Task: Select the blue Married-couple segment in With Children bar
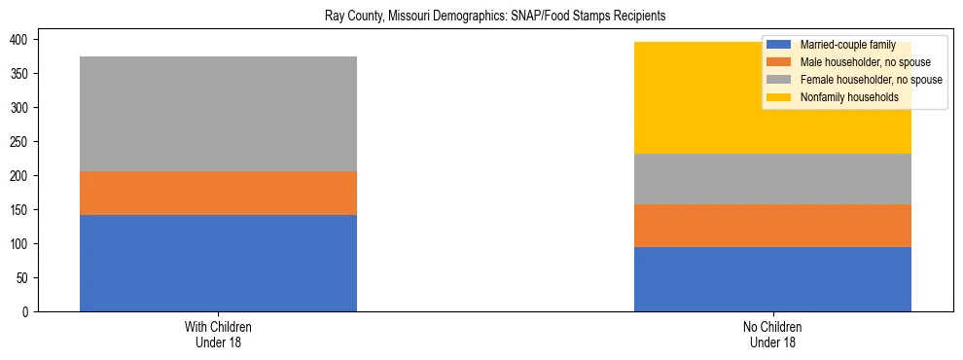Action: (x=218, y=263)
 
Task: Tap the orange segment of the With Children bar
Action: (x=218, y=193)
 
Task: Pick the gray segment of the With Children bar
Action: (x=218, y=114)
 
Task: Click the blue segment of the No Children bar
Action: (x=772, y=279)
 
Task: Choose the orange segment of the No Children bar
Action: (x=772, y=226)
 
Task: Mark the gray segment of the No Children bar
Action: (x=772, y=179)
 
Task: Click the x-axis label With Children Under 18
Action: (x=218, y=334)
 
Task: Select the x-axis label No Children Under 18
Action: (x=772, y=334)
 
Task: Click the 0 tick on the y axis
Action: (x=28, y=311)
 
